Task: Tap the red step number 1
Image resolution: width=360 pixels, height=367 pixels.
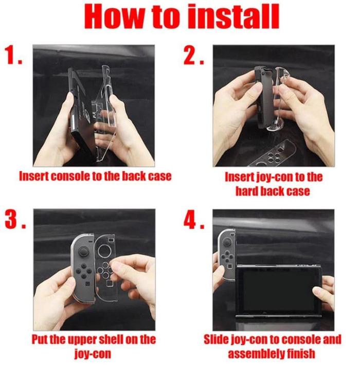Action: [x=13, y=55]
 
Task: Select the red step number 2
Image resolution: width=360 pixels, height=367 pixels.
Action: [x=194, y=55]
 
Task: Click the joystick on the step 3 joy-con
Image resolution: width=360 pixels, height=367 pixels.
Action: [x=83, y=252]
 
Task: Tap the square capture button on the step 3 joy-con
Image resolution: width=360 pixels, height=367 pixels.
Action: [x=87, y=284]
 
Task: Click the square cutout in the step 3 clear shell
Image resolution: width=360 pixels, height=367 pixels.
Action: [x=109, y=284]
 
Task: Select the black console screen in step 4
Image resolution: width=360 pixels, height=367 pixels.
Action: [x=278, y=291]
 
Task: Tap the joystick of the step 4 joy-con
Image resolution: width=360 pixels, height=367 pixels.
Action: [x=227, y=242]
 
